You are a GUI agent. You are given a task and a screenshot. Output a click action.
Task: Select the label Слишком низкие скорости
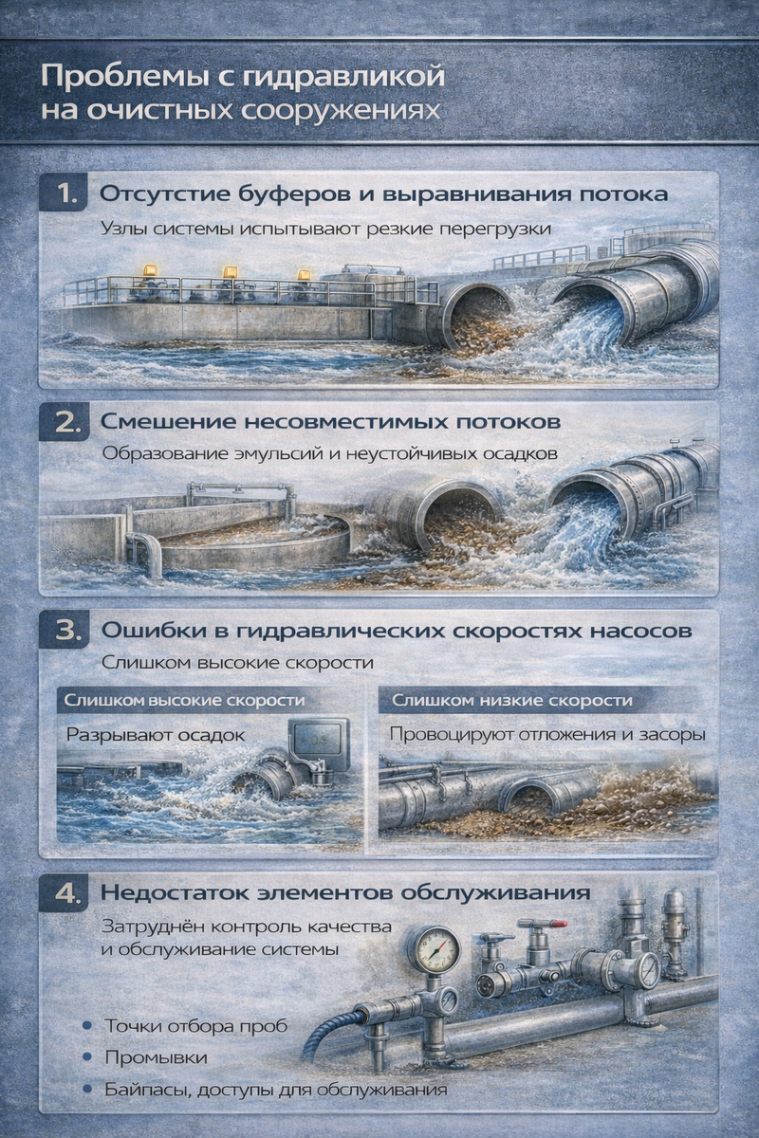[512, 700]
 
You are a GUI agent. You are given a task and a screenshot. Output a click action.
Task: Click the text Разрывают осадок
[156, 735]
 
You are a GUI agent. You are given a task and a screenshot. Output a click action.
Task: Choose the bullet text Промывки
[157, 1057]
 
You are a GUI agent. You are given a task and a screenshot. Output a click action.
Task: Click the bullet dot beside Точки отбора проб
[87, 1025]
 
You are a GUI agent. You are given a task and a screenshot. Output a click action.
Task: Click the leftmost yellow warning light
[151, 269]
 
